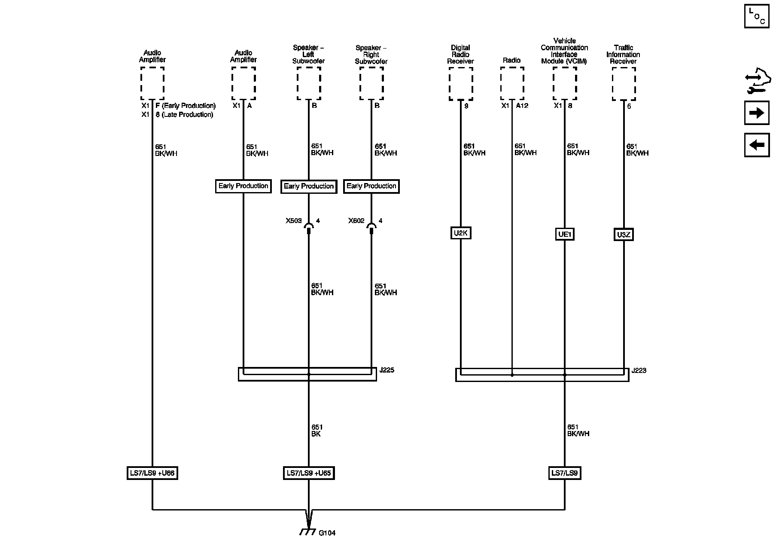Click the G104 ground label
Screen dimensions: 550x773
coord(327,533)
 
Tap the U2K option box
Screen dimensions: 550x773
coord(460,233)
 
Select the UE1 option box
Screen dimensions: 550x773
coord(564,234)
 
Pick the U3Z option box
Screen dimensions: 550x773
coord(623,235)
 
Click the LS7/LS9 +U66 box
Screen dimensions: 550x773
coord(152,473)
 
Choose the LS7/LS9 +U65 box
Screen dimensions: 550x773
coord(308,473)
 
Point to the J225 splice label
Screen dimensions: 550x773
coord(387,370)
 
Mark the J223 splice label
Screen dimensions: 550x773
coord(639,370)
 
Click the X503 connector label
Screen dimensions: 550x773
coord(294,221)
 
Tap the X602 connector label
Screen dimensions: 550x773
coord(356,221)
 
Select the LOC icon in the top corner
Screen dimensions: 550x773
coord(757,17)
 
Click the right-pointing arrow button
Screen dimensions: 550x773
coord(757,113)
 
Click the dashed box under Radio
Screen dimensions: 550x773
coord(512,83)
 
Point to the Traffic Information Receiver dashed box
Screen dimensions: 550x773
coord(624,84)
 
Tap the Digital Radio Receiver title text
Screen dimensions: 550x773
coord(460,55)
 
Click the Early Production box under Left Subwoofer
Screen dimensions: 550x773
coord(308,186)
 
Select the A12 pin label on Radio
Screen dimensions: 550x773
coord(522,106)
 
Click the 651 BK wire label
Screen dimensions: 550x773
coord(317,431)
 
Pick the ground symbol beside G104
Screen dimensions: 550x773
coord(306,532)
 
